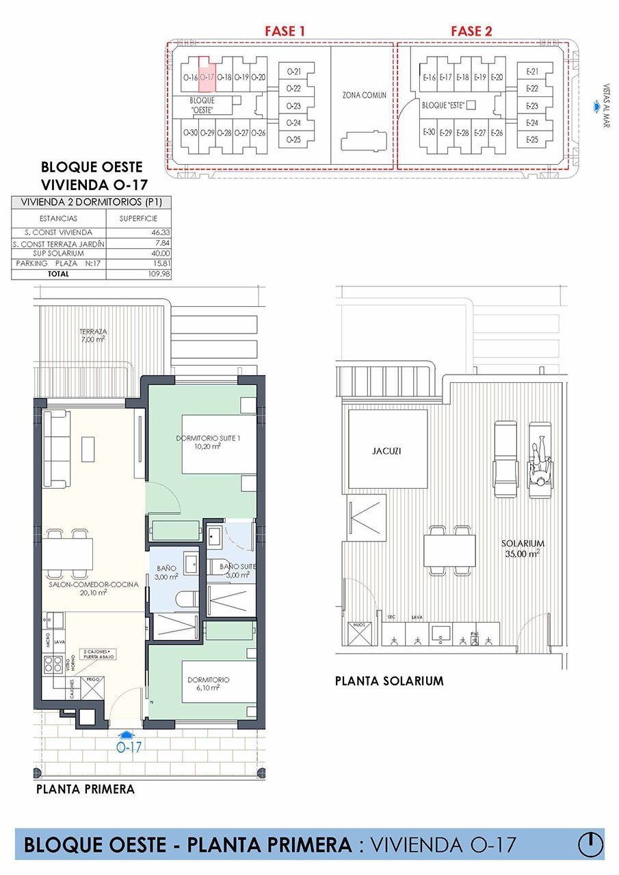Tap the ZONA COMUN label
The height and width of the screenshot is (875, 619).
[365, 95]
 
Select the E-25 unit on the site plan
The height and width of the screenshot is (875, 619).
[533, 139]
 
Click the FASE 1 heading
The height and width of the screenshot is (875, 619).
[285, 31]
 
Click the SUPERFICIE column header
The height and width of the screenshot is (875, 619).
[138, 218]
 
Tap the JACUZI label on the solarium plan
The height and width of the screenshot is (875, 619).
[388, 450]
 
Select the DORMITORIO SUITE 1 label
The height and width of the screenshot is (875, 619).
[207, 442]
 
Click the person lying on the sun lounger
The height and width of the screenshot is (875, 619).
[540, 465]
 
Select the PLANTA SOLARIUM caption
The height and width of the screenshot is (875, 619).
[389, 681]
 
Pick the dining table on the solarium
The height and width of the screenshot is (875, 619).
[449, 550]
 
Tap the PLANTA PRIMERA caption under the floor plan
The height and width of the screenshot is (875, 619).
[85, 789]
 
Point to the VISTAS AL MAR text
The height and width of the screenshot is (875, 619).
[605, 106]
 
